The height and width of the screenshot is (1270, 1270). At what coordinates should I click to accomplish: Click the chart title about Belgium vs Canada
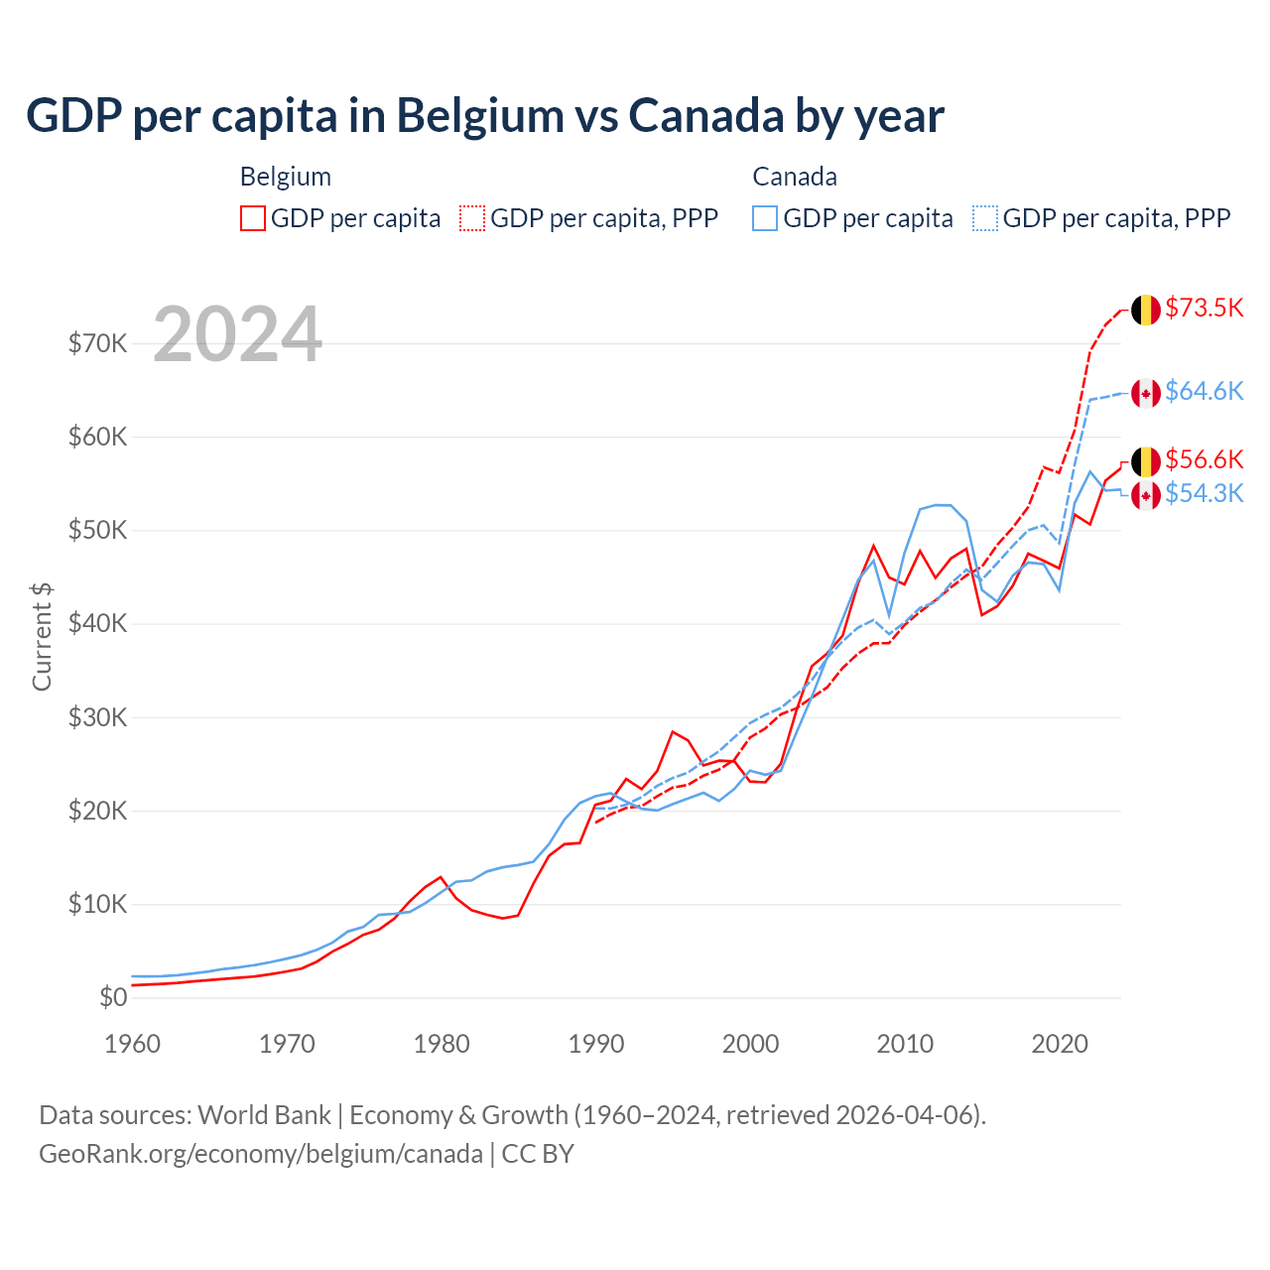point(485,116)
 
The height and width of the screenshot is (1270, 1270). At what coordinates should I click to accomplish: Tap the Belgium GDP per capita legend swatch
point(253,218)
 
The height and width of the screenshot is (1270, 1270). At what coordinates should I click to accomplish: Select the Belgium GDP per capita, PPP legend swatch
point(472,218)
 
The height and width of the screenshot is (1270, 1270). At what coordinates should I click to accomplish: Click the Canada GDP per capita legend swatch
point(765,218)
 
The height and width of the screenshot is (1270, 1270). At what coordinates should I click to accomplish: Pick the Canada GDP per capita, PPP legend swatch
point(985,218)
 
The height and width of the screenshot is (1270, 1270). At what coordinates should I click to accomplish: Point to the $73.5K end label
point(1204,308)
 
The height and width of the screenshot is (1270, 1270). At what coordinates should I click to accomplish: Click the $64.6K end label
point(1204,391)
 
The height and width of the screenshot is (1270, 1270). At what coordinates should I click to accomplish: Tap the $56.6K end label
point(1204,459)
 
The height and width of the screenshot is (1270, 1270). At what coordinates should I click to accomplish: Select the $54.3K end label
point(1204,493)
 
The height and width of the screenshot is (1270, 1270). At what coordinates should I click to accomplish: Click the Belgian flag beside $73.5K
point(1146,310)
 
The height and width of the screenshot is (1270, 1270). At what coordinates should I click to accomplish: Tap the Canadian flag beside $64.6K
point(1146,393)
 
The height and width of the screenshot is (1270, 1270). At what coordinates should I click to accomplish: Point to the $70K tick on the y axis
point(97,343)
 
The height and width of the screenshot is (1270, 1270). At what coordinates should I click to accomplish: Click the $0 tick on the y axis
point(113,997)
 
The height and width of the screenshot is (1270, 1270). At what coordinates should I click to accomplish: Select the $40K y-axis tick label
point(97,623)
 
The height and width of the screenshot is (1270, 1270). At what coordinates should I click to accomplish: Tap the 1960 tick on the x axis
point(132,1044)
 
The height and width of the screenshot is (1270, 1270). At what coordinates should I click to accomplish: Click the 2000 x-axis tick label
point(751,1044)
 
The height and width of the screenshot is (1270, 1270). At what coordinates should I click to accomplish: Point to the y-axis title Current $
point(42,636)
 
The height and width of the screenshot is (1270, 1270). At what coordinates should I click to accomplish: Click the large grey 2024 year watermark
point(238,334)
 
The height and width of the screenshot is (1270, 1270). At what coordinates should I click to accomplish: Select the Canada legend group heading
point(795,177)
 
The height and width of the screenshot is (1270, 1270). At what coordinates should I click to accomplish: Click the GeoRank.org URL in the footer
point(261,1154)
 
